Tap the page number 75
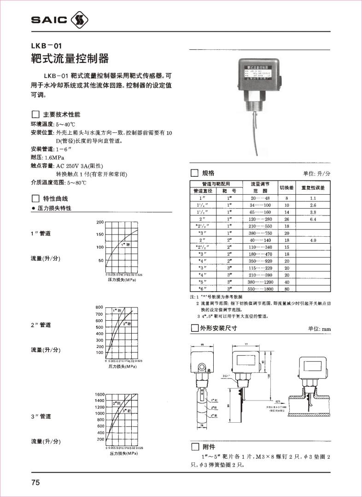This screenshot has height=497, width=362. [x=35, y=483]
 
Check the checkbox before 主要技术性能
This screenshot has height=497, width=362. [x=35, y=114]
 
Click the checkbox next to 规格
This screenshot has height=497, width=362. [x=194, y=173]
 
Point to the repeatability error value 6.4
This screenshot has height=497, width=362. [x=312, y=219]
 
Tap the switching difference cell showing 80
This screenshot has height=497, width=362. [x=286, y=288]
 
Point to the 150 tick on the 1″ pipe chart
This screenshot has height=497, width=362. [x=100, y=235]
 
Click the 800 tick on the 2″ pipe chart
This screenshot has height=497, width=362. [x=99, y=307]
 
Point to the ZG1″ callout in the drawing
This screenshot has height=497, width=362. [x=226, y=376]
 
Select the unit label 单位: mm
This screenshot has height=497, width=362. [x=320, y=329]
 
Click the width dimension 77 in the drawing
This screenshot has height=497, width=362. [x=246, y=344]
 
